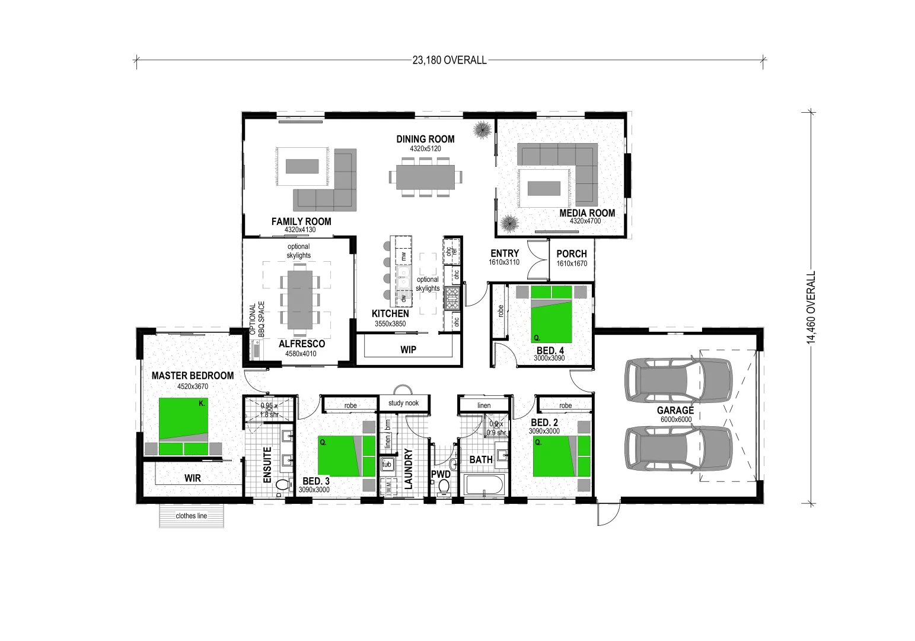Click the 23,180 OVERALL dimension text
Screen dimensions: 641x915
pyautogui.click(x=449, y=60)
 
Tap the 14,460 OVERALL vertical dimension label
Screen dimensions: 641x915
pyautogui.click(x=811, y=307)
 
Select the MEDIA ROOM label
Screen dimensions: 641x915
pyautogui.click(x=587, y=213)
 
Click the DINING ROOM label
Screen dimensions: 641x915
pyautogui.click(x=425, y=139)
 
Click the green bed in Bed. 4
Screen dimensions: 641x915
pyautogui.click(x=551, y=314)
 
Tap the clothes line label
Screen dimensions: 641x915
pyautogui.click(x=192, y=516)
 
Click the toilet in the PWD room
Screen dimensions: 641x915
pyautogui.click(x=444, y=487)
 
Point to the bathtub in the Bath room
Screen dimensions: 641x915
pyautogui.click(x=484, y=485)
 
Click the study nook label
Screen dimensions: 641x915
pyautogui.click(x=403, y=403)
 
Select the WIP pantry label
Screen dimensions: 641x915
pyautogui.click(x=408, y=350)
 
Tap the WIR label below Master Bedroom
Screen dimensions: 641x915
pyautogui.click(x=192, y=478)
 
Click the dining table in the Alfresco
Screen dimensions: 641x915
pyautogui.click(x=299, y=300)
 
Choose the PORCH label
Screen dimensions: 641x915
pyautogui.click(x=572, y=253)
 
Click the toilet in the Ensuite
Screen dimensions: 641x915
pyautogui.click(x=282, y=485)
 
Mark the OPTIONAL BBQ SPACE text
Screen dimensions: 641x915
pyautogui.click(x=257, y=319)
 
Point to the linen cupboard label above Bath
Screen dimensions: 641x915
pyautogui.click(x=484, y=405)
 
